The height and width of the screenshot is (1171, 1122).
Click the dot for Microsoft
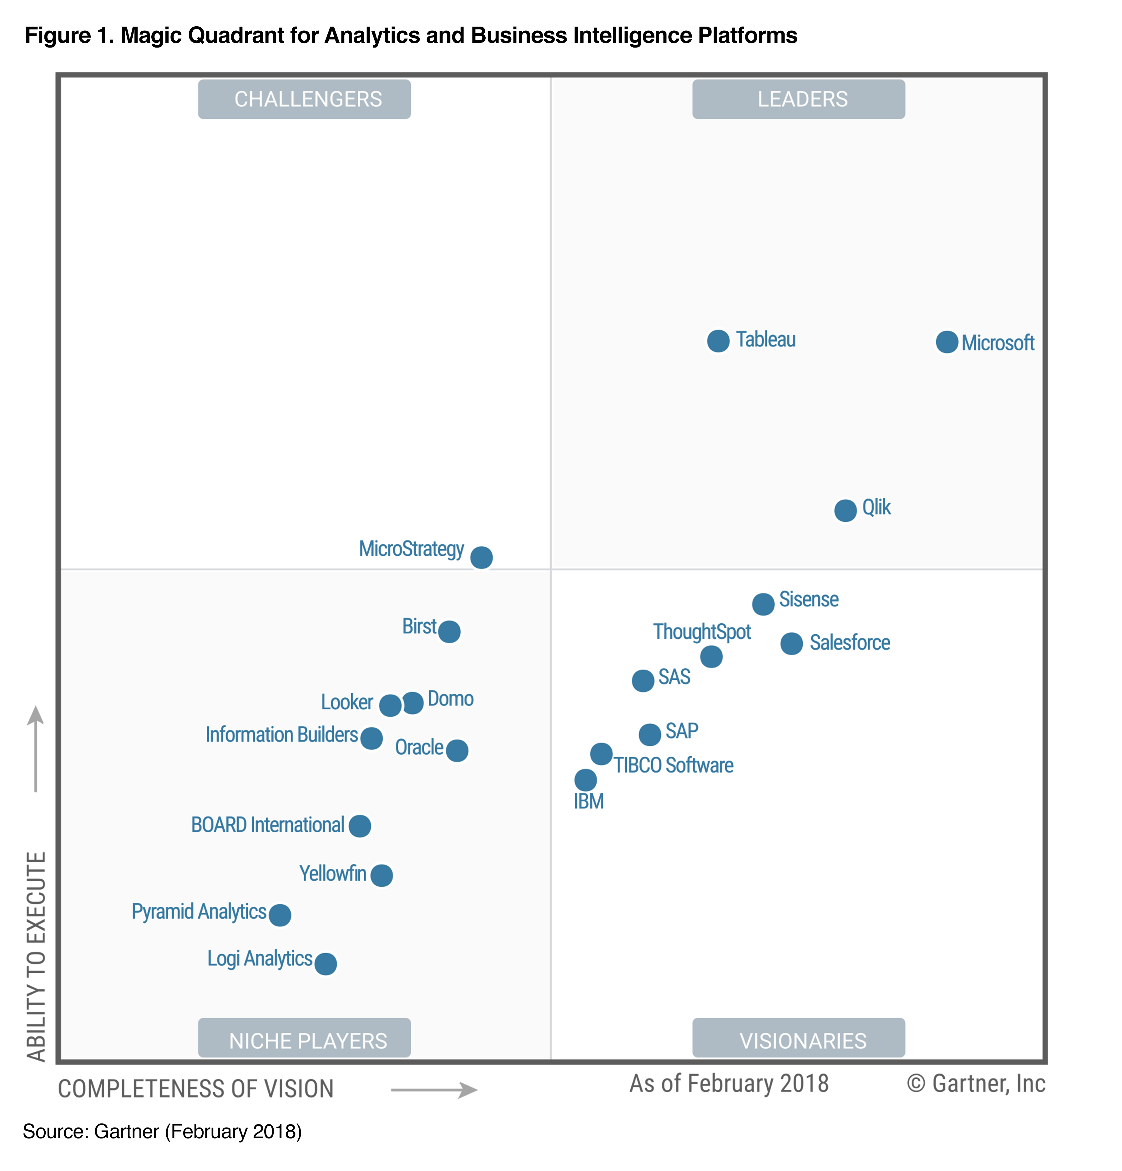tap(946, 342)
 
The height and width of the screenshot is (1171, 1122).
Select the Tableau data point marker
tap(718, 341)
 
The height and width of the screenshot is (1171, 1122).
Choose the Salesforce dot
tap(791, 643)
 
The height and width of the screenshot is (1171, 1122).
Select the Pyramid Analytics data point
tap(280, 915)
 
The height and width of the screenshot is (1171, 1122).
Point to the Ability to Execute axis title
tap(36, 956)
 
